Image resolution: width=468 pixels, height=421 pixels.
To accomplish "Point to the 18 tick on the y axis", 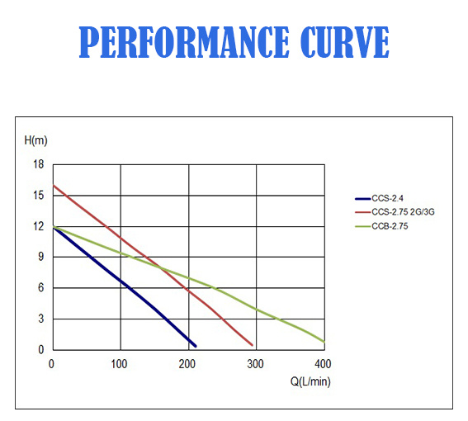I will [x=38, y=164].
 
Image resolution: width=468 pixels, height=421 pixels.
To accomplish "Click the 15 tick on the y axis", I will [x=38, y=196].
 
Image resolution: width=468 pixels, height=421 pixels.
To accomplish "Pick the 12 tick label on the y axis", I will [x=38, y=226].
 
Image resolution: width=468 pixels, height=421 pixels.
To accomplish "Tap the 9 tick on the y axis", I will [x=40, y=257].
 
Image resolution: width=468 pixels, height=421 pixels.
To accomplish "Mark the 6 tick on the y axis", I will [x=40, y=288].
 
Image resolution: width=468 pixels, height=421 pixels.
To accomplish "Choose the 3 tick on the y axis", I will [x=40, y=319].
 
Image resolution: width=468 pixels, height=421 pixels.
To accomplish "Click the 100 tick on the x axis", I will [x=121, y=363].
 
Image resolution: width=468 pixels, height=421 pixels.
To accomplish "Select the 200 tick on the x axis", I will [x=189, y=363].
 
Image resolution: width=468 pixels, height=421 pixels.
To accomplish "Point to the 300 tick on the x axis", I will [x=257, y=363].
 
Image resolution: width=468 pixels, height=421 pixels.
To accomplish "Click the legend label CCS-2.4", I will [x=387, y=199].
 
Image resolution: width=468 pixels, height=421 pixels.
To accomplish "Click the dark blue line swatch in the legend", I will [x=362, y=199].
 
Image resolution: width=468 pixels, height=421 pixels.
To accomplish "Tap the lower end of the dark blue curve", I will [x=195, y=345].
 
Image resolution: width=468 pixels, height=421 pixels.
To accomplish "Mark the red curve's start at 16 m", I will [x=54, y=186].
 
